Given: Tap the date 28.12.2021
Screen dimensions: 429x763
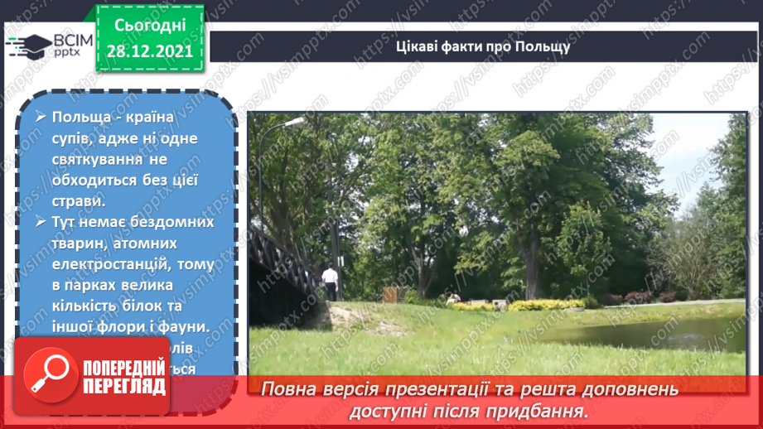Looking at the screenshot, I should [149, 50].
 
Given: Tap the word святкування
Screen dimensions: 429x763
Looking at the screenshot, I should [99, 158].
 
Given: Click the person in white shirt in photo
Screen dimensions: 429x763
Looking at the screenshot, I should [330, 282].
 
